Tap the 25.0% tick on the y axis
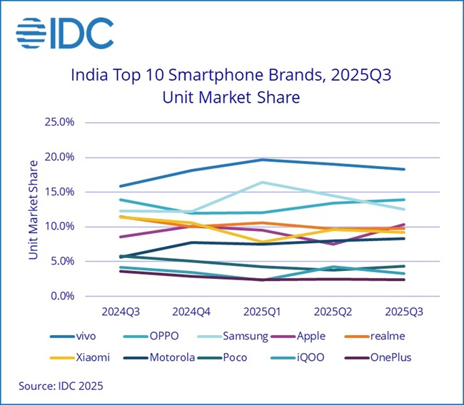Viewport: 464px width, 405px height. (x=60, y=122)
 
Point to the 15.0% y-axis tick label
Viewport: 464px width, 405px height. (x=60, y=192)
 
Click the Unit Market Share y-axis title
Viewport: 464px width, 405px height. (x=34, y=209)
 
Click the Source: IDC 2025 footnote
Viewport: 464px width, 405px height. (x=61, y=386)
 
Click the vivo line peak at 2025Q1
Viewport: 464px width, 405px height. (x=262, y=159)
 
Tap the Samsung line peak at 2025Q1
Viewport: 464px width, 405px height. (x=262, y=183)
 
